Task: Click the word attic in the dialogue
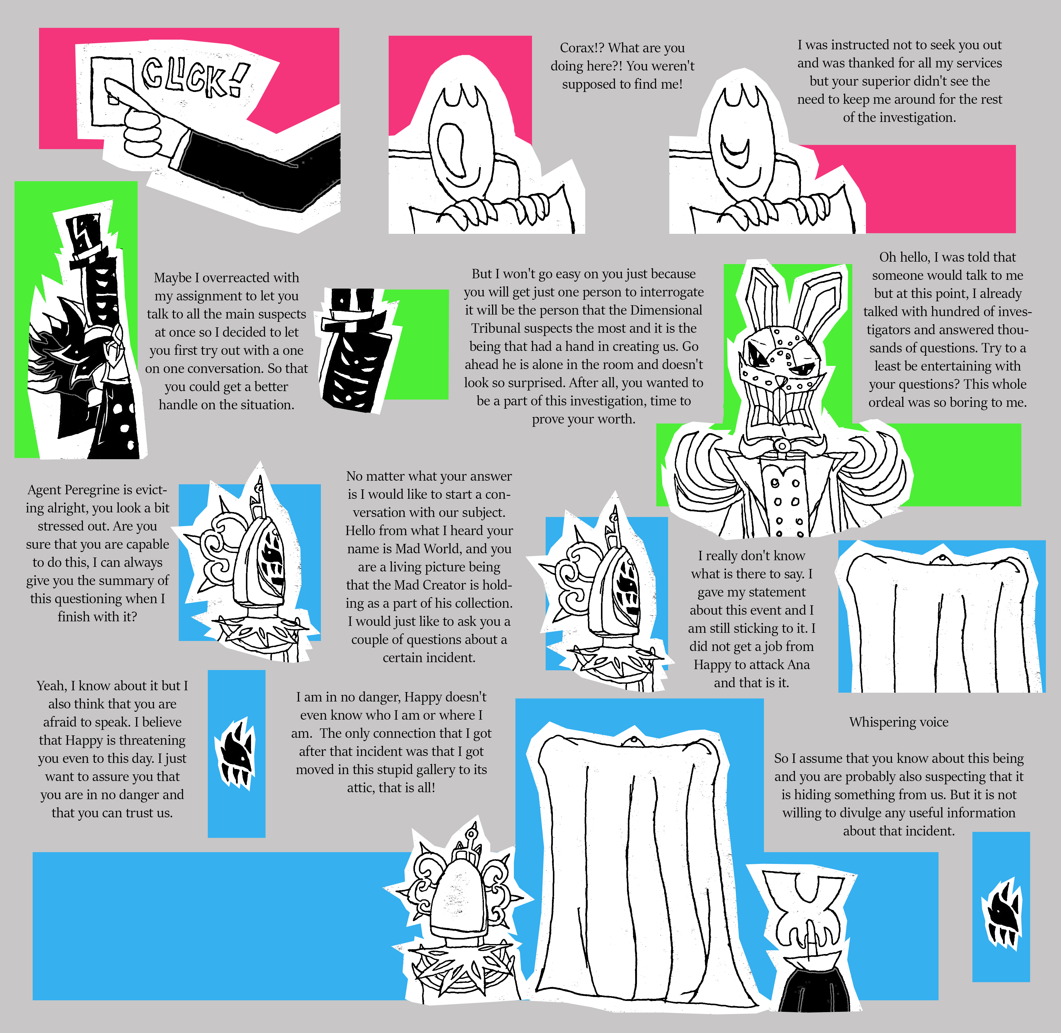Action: pos(360,788)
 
